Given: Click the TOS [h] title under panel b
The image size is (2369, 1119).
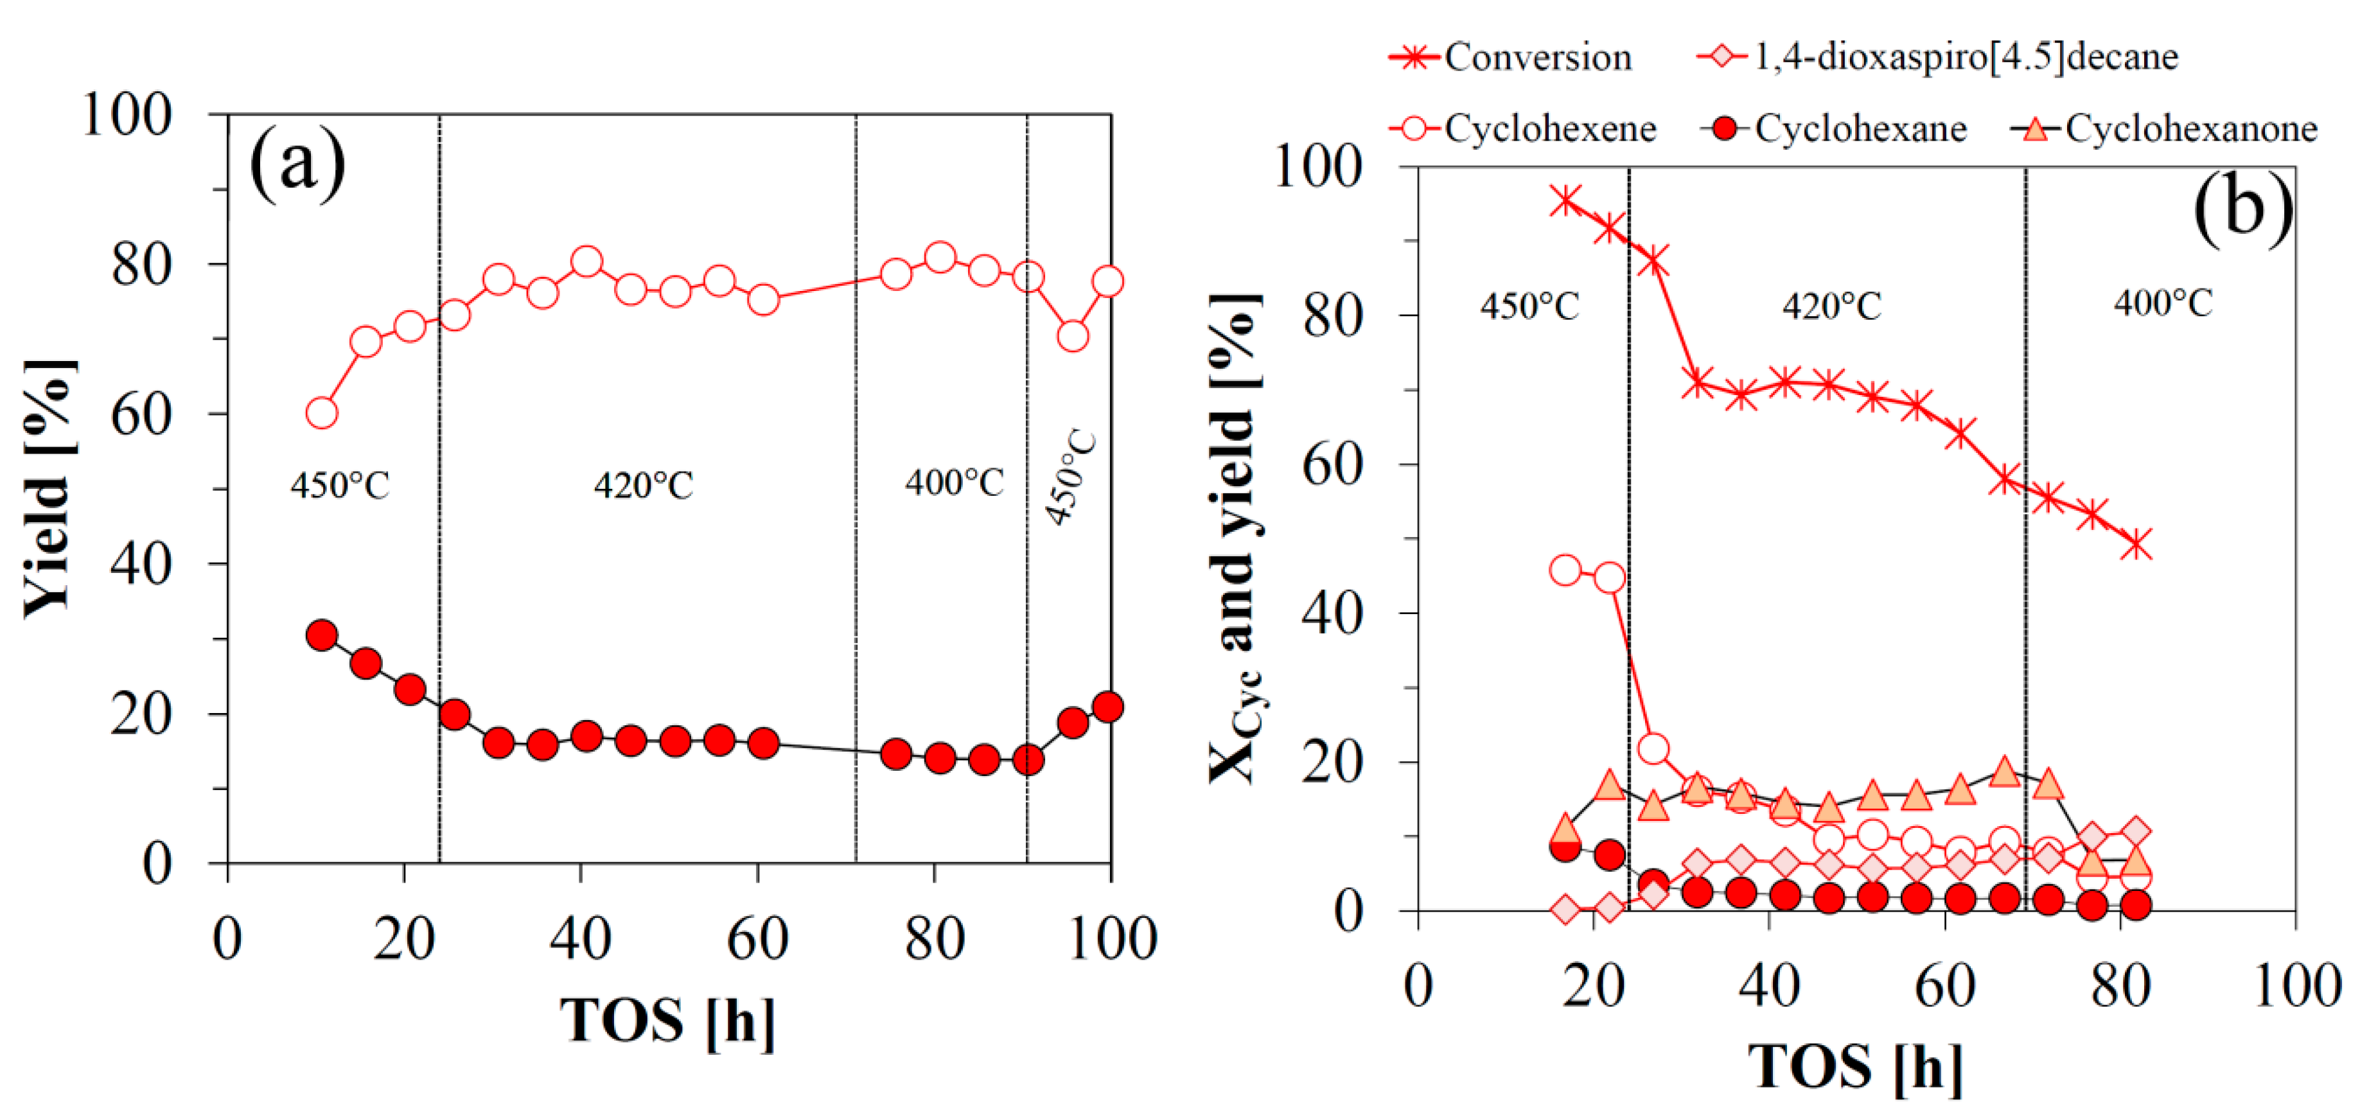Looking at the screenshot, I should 1855,1066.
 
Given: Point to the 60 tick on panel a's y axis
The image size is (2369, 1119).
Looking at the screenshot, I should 141,415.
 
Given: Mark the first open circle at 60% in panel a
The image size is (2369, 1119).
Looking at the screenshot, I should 321,414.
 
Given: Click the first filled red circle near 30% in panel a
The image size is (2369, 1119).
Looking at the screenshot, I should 321,635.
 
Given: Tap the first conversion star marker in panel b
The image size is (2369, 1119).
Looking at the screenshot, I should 1565,200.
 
